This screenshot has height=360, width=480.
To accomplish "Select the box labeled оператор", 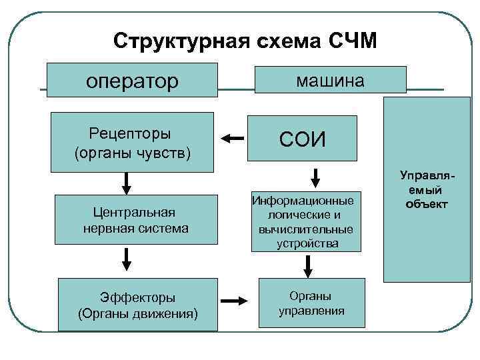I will pos(133,80).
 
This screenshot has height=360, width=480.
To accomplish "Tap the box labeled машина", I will pos(330,79).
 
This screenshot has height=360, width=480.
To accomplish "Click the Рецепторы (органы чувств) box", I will pos(133,142).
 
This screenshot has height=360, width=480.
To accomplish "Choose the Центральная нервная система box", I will pos(136,220).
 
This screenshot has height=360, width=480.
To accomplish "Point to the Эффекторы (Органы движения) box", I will pos(138,305).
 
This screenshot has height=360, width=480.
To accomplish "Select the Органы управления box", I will pos(311,303).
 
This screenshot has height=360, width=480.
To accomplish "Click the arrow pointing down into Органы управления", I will pos(308,267).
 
